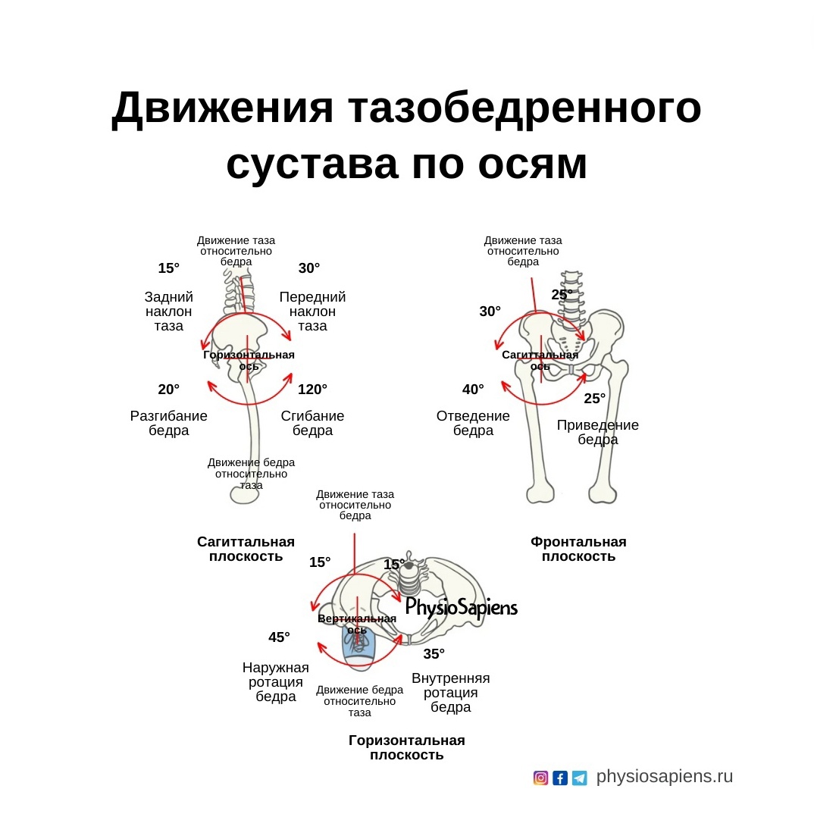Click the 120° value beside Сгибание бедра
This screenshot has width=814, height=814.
point(312,390)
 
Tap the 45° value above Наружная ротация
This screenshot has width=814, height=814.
point(279,637)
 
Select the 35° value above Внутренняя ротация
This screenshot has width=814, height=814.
point(434,654)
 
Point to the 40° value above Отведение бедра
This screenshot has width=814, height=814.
point(473,390)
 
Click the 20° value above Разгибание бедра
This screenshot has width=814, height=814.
point(168,390)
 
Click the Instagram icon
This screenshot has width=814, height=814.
point(540,778)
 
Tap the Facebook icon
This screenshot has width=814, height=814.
point(560,778)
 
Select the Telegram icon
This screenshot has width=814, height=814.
point(580,778)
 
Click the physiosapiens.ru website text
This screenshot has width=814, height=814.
point(665,777)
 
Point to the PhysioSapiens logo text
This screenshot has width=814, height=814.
point(461,607)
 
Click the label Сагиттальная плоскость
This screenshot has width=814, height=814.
point(246,549)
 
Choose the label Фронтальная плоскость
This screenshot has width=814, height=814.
point(578,549)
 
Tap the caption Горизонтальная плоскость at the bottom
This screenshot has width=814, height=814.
point(407,747)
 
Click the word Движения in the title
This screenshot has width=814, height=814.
point(223,108)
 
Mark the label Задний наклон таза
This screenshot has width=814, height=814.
point(169,312)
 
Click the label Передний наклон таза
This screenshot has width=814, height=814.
point(312,312)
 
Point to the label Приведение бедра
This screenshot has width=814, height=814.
point(598,432)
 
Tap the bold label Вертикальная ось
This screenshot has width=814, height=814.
point(357,624)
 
